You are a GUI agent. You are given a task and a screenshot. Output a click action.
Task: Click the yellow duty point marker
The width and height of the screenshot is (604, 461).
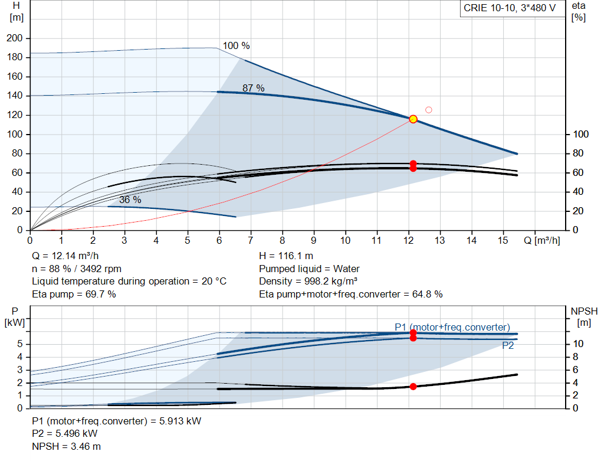point(413,119)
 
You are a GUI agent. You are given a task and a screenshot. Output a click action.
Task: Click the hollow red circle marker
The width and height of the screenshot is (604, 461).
point(428,110)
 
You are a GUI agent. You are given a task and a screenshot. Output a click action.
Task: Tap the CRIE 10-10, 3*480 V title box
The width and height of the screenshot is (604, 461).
point(510,8)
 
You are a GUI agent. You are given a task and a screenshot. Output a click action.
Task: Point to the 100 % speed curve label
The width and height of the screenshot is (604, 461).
point(236,45)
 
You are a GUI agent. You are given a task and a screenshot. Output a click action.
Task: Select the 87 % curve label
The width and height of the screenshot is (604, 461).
point(253,88)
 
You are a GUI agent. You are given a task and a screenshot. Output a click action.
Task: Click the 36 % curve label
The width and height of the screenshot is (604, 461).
point(130,200)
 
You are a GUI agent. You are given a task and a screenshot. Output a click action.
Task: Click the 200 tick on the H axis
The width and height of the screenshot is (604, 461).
point(15,38)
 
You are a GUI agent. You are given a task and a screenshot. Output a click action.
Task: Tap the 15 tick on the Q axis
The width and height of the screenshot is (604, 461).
point(503,240)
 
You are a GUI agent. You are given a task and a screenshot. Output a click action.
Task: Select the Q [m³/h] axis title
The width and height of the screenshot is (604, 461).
point(541,240)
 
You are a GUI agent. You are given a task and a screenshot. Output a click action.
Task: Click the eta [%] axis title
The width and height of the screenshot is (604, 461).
point(579,12)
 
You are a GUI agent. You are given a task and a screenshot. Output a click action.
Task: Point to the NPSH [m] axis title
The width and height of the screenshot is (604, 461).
point(584,316)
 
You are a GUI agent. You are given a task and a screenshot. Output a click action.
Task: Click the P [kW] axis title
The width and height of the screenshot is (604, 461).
point(15,316)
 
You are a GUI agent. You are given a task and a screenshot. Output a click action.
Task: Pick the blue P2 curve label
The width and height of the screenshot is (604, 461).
point(508,345)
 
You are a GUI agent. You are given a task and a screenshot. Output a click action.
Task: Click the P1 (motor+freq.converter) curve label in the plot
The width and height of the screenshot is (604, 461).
point(452,327)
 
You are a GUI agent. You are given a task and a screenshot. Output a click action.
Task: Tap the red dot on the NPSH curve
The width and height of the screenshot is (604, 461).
point(413,387)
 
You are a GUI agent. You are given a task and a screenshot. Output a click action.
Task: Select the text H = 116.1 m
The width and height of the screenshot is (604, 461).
point(286,256)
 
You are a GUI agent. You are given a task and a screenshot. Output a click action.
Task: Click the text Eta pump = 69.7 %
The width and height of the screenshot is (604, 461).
point(74,294)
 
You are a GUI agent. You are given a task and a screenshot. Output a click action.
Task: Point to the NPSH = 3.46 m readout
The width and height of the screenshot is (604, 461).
point(66,446)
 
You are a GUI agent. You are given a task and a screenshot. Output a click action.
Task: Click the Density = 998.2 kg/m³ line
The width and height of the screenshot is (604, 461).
point(308,282)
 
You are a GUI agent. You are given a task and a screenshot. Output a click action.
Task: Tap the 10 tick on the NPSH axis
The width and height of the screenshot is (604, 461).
point(578,344)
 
